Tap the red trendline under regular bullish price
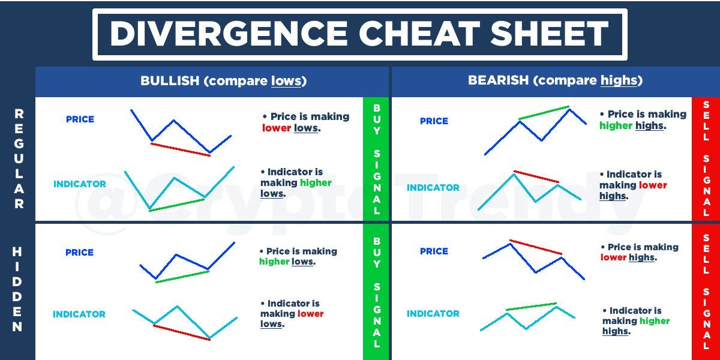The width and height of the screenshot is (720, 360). coord(181,149)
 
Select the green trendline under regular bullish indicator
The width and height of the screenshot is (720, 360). coord(176,205)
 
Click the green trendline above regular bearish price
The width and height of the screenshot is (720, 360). coord(544,113)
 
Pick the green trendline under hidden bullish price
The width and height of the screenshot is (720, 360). coord(182,277)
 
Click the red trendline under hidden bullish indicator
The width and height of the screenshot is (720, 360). coord(181,333)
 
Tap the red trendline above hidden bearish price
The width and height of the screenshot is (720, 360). coord(535,247)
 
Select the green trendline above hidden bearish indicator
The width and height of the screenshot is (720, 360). coord(531,307)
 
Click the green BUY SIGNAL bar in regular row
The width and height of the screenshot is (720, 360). coord(377,159)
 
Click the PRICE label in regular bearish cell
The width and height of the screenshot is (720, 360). coord(434,121)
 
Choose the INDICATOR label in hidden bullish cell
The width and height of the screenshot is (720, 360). coord(79,314)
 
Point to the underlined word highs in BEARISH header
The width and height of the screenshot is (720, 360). coord(619,80)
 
